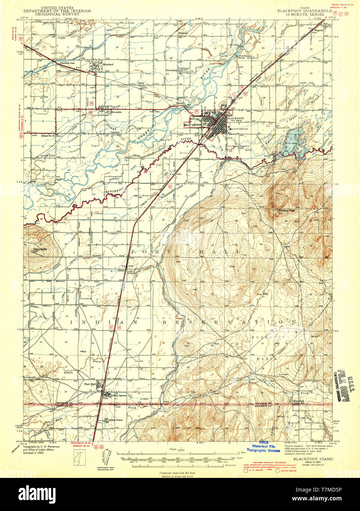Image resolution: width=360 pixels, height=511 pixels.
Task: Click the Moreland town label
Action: click(108, 64)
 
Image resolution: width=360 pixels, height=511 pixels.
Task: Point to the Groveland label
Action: click(172, 70)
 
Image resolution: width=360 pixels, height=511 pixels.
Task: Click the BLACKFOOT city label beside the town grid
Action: click(235, 118)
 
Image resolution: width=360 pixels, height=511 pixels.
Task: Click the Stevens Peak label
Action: click(286, 211)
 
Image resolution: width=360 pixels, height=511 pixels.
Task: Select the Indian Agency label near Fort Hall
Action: click(118, 396)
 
